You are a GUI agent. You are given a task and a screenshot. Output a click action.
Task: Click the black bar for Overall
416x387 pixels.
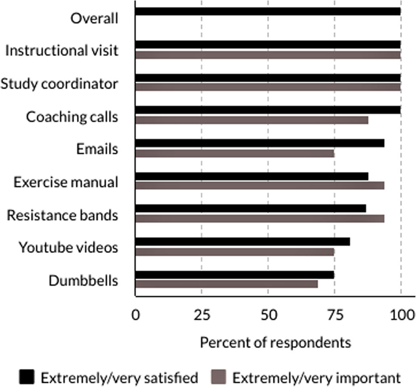pyautogui.click(x=268, y=11)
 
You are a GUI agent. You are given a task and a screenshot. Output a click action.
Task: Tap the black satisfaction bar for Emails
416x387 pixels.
pyautogui.click(x=260, y=143)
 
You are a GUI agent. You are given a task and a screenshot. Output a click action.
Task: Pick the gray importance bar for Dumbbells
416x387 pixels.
pyautogui.click(x=226, y=284)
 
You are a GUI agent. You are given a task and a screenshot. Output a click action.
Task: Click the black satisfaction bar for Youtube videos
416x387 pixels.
pyautogui.click(x=242, y=242)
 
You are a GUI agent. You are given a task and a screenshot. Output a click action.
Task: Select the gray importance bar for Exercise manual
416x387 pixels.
pyautogui.click(x=260, y=186)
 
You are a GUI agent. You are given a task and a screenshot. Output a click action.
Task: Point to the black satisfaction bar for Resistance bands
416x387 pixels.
pyautogui.click(x=250, y=209)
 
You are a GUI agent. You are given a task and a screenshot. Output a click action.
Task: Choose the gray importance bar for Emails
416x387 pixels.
pyautogui.click(x=234, y=154)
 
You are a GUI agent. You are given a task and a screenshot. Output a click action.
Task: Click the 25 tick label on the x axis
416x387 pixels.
pyautogui.click(x=201, y=315)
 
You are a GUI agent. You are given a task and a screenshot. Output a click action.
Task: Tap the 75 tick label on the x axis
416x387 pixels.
pyautogui.click(x=334, y=315)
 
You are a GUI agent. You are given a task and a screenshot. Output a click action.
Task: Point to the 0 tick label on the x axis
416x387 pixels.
pyautogui.click(x=135, y=315)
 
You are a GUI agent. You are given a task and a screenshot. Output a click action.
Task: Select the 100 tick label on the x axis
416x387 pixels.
pyautogui.click(x=401, y=315)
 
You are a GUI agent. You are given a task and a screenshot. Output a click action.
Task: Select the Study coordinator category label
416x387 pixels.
pyautogui.click(x=59, y=84)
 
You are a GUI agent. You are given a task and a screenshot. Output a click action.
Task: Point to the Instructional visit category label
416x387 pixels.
pyautogui.click(x=62, y=51)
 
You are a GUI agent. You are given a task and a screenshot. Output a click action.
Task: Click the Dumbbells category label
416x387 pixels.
pyautogui.click(x=83, y=281)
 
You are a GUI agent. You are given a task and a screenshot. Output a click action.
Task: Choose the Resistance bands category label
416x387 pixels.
pyautogui.click(x=62, y=215)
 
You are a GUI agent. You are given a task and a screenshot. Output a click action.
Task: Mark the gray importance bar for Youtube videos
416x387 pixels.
pyautogui.click(x=234, y=252)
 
